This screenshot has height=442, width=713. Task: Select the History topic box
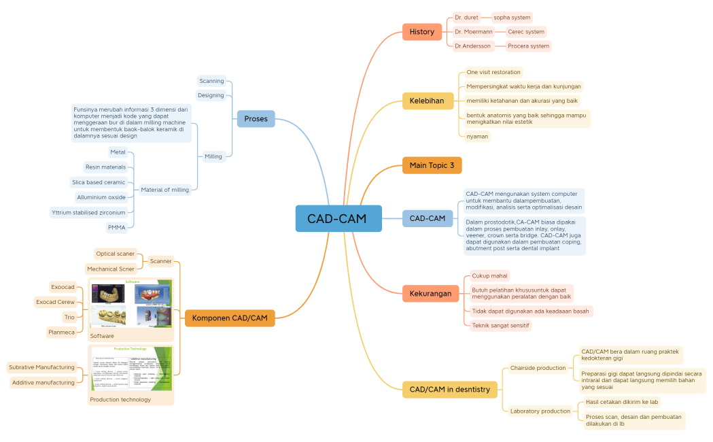pos(421,32)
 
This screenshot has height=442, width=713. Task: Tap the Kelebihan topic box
pos(427,101)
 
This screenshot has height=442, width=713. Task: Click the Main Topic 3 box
pos(432,165)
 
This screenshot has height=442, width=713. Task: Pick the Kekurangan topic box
pos(430,294)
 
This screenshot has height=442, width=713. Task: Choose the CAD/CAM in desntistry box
pos(449,390)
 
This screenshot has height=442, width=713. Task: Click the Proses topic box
pos(256,119)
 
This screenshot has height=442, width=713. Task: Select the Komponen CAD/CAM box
pos(230,318)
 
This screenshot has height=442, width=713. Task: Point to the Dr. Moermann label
pos(474,32)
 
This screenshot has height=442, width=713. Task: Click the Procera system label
pos(528,46)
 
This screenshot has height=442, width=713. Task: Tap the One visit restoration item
pos(493,72)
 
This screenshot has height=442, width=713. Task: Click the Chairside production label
pos(538,368)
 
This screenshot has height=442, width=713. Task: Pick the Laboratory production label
pos(540,411)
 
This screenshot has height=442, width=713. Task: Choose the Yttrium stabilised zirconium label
pos(88,212)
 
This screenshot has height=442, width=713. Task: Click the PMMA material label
pos(116,227)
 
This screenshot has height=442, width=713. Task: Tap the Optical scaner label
pos(115,254)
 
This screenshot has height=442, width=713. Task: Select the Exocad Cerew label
pos(56,302)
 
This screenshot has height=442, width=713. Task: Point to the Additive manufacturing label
pos(44,383)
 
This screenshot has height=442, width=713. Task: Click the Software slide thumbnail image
pos(131,304)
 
